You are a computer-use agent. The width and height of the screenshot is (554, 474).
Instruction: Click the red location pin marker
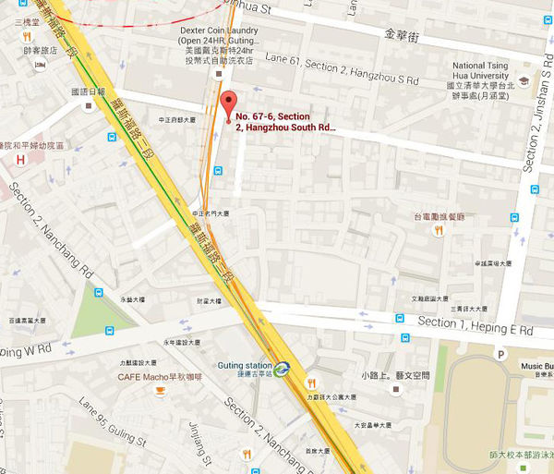click(x=228, y=103)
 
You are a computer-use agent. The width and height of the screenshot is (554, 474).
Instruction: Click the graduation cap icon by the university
click(x=524, y=79)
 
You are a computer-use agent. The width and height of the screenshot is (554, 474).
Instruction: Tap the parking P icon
click(x=500, y=354)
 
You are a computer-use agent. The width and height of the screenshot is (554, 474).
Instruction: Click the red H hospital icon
click(x=19, y=160)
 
